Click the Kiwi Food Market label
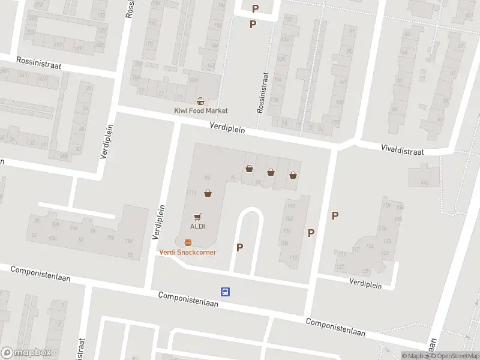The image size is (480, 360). (x=201, y=110)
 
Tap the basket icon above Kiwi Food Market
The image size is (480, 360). (x=201, y=101)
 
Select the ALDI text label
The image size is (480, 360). (x=198, y=226)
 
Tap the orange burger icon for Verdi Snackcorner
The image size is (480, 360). (x=188, y=242)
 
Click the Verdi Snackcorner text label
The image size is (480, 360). (x=188, y=252)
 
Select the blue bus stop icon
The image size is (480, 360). (x=225, y=292)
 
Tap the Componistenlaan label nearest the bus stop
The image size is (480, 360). (x=188, y=299)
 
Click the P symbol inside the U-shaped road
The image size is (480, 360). (x=240, y=247)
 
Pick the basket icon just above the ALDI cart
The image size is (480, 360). (x=208, y=193)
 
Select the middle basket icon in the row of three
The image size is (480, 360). (x=271, y=172)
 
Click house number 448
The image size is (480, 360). (x=425, y=182)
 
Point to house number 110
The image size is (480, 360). (x=293, y=257)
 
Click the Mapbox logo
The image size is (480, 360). (x=26, y=353)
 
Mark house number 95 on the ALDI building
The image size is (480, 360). (x=208, y=177)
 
